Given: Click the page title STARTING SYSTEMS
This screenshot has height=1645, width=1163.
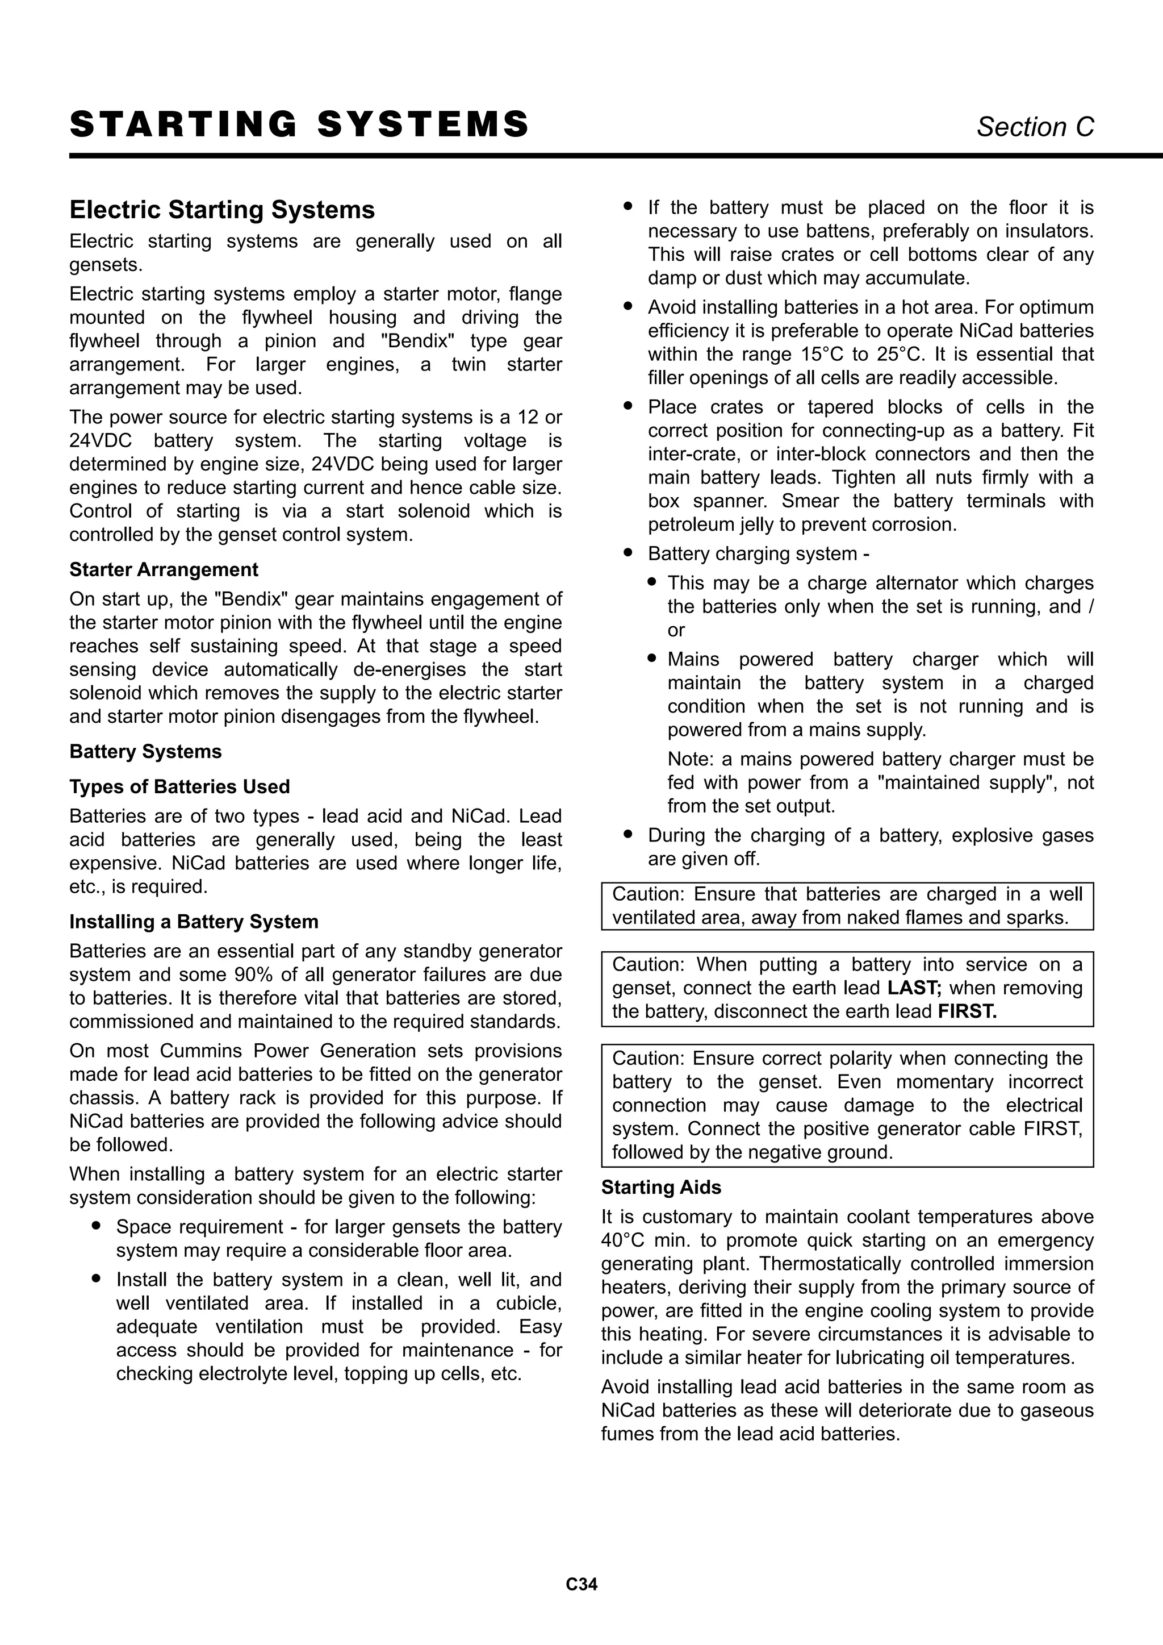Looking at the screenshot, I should coord(299,124).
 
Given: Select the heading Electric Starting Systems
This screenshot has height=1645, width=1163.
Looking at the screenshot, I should coord(222,210).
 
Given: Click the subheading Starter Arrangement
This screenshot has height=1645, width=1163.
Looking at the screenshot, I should coord(164,569).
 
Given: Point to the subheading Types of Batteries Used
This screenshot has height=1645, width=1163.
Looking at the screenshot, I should coord(179,786).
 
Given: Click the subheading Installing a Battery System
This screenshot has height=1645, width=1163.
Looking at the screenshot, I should coord(193,922).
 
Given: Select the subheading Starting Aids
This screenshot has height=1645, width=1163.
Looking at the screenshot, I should coord(661,1187).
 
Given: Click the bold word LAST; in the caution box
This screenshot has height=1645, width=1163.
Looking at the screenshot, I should coord(914,988).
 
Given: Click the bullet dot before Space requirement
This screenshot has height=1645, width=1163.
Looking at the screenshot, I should coord(96,1226).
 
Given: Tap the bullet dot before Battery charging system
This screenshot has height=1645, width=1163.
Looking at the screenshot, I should coord(628,552).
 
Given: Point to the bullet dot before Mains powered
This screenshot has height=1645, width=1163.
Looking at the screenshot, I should coord(652,657).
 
